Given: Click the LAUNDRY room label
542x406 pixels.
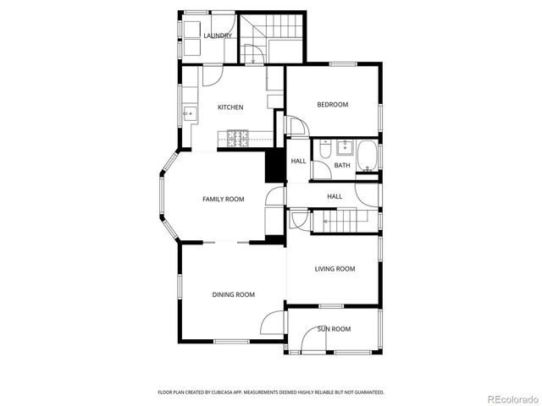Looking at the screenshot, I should point(218,36).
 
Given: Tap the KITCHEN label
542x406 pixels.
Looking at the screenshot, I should point(230,107).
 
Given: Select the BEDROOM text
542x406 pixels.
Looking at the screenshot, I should point(333,105).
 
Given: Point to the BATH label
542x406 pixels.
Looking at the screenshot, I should point(342,166).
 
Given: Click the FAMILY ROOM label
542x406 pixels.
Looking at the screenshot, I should point(223,200).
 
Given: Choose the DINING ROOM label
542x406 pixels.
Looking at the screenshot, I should point(233,295).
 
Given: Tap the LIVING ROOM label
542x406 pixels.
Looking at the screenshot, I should point(335,269).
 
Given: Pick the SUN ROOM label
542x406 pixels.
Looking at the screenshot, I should point(334,329).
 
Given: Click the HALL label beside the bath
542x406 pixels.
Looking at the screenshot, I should point(299,162).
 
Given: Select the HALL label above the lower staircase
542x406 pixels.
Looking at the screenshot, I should point(335,196).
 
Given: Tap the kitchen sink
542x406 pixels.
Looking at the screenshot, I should point(188,112).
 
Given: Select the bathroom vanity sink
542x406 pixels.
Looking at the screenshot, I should point(343,147).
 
